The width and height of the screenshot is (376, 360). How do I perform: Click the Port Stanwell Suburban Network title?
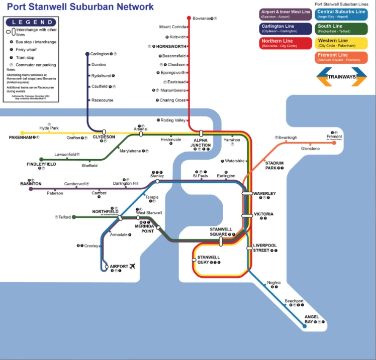tap(80, 7)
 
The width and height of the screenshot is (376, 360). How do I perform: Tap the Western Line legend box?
tap(341, 43)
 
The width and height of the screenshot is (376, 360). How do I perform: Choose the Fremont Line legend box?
tap(341, 57)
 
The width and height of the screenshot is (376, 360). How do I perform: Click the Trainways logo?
tap(341, 77)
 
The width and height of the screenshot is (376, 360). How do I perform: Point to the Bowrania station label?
tap(201, 19)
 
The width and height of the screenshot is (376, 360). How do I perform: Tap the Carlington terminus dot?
tap(87, 54)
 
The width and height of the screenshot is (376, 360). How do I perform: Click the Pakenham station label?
tap(20, 137)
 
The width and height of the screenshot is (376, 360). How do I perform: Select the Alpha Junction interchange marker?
tap(201, 134)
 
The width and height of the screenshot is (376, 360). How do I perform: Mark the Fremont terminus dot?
tap(334, 143)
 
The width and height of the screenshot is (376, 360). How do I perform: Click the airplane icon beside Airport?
tap(132, 266)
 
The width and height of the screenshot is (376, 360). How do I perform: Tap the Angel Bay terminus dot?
tap(304, 326)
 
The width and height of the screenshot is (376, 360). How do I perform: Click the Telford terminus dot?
tap(74, 217)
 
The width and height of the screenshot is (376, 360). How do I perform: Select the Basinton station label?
tap(31, 184)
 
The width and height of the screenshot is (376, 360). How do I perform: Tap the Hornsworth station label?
tap(170, 46)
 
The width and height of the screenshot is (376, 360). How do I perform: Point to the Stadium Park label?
tap(274, 165)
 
